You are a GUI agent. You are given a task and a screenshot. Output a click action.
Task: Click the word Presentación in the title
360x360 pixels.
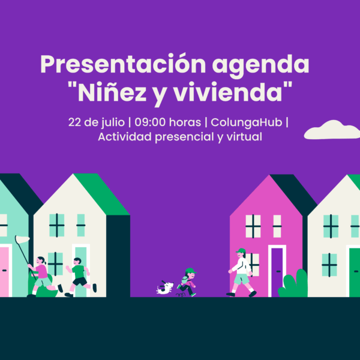click(123, 64)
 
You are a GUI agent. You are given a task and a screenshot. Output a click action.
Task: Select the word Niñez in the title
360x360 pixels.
click(112, 92)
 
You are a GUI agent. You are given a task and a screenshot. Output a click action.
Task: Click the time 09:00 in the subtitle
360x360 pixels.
click(150, 122)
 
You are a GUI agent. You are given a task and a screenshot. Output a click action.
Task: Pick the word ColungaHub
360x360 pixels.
click(246, 122)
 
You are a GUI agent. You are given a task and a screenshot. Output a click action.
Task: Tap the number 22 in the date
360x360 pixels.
click(74, 122)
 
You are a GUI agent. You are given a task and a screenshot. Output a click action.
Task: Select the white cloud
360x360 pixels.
click(332, 130)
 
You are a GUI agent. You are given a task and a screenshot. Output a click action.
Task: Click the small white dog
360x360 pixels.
click(164, 287)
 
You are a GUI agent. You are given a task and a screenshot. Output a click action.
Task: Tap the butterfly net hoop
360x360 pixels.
click(22, 239)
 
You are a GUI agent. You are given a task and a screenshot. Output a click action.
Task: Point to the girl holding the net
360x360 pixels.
click(43, 276)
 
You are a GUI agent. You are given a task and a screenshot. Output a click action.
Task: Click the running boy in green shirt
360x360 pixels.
click(80, 277)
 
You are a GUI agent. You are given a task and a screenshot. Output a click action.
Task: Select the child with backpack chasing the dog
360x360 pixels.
click(187, 282)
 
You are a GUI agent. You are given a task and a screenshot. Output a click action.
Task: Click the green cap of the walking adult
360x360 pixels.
click(241, 250)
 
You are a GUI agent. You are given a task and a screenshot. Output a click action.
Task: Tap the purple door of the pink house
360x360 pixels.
click(277, 272)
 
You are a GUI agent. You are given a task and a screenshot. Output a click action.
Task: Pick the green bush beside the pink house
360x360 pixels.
click(293, 284)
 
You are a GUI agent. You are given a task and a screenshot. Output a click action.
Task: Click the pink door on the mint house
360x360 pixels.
click(4, 272)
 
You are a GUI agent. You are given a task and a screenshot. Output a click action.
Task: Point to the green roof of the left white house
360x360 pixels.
click(101, 194)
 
